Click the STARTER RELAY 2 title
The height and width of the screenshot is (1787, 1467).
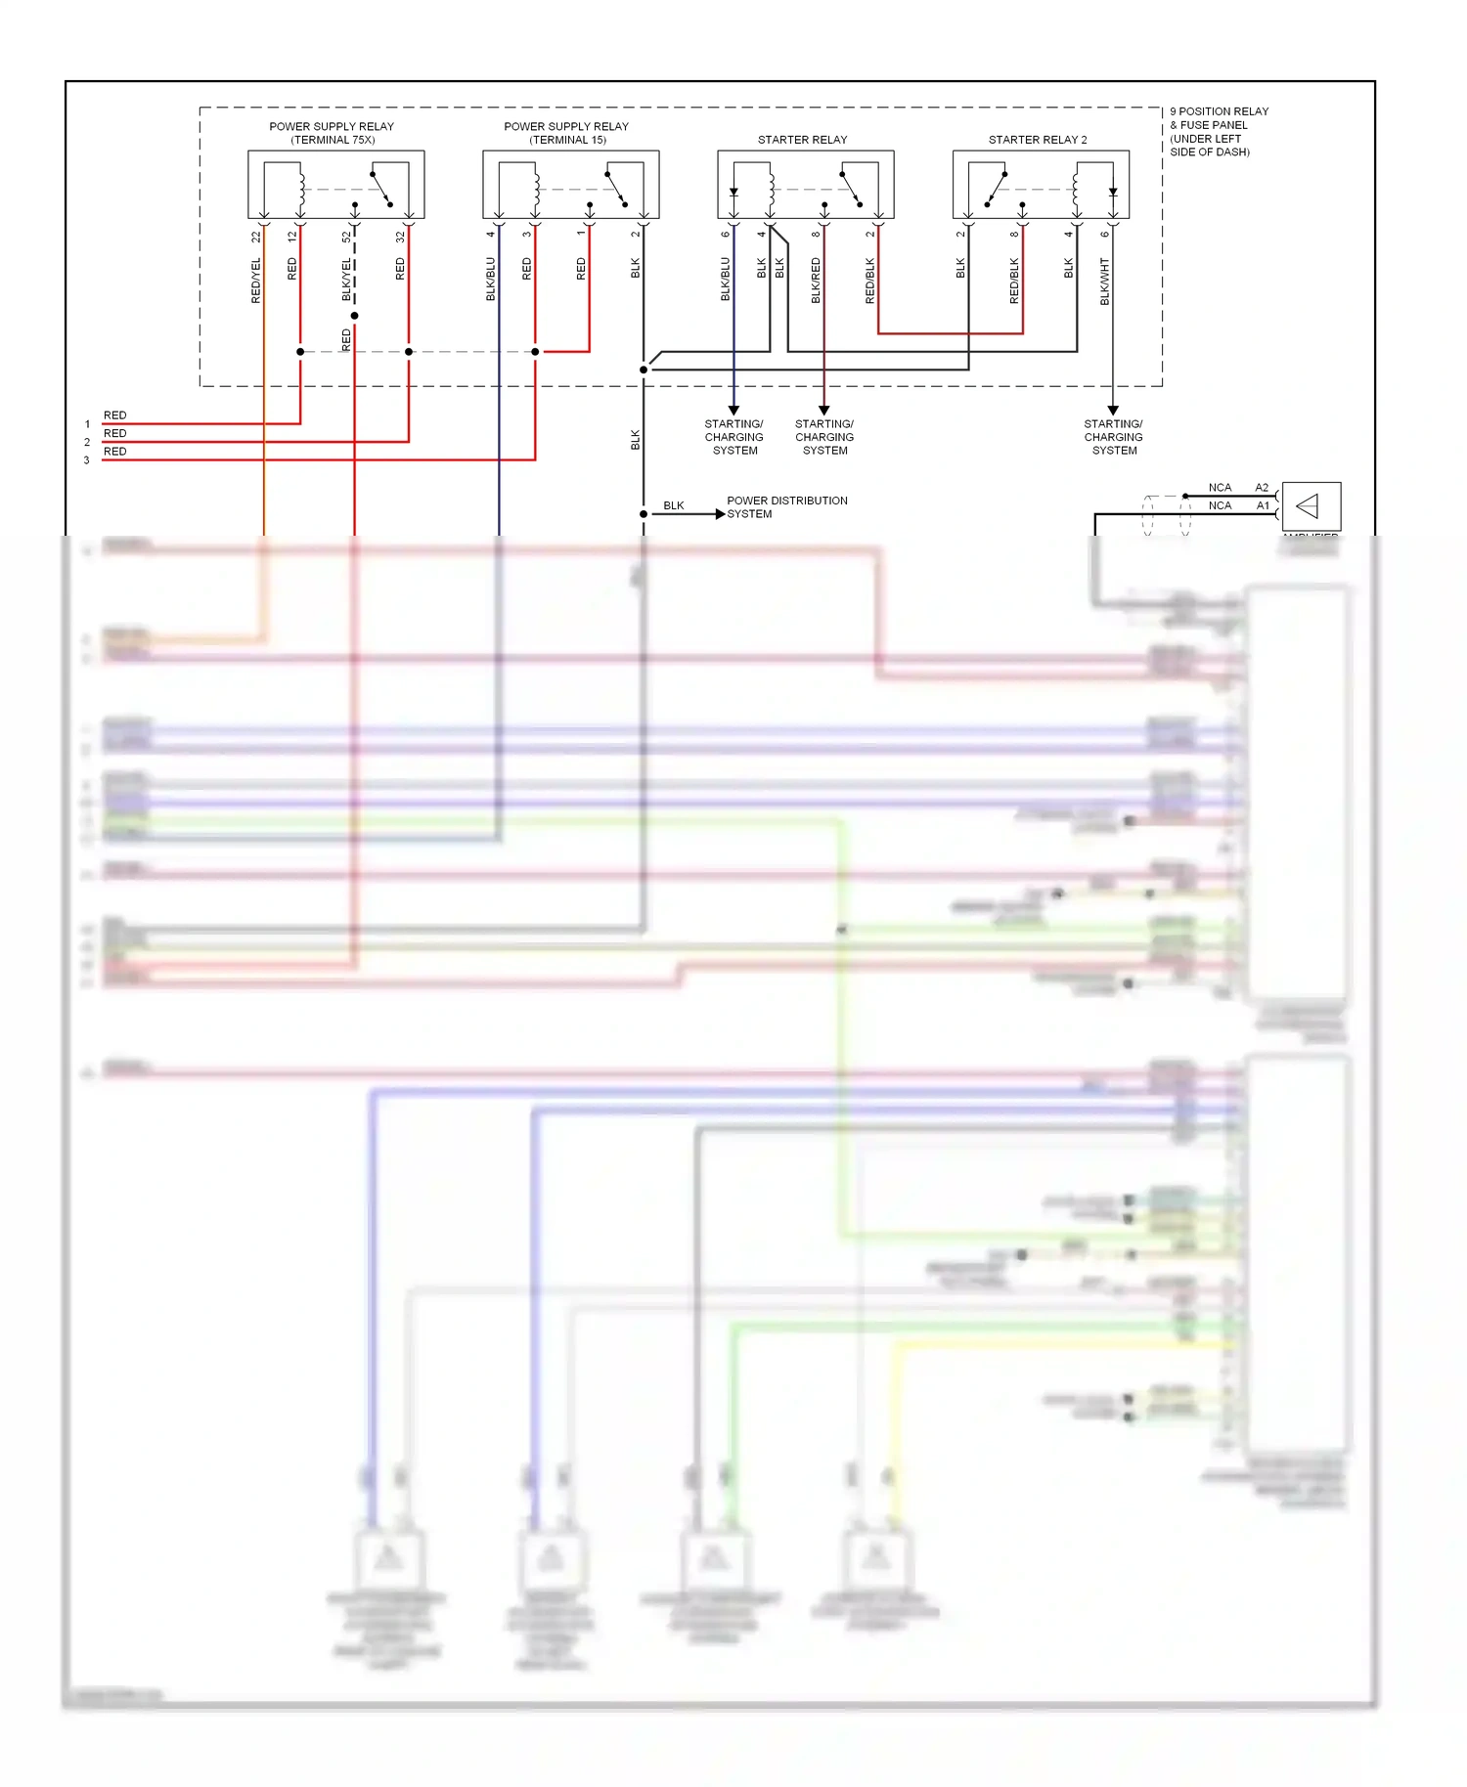(1037, 140)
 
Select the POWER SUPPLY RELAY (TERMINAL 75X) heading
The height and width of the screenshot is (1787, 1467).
(332, 133)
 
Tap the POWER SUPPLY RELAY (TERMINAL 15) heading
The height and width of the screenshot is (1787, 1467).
(566, 133)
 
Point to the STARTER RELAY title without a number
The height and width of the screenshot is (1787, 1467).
(802, 140)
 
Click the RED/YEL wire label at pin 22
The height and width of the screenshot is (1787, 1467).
(256, 281)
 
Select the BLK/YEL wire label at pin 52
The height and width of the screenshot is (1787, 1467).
(346, 281)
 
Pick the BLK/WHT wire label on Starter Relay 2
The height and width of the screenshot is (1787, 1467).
(1104, 282)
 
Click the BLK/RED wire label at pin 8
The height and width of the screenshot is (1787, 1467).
(816, 281)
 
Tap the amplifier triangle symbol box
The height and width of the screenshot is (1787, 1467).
(1311, 506)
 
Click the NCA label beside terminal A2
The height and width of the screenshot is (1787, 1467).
(1220, 488)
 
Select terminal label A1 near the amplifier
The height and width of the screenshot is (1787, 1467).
(1263, 505)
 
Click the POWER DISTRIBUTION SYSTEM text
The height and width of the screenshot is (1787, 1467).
(786, 506)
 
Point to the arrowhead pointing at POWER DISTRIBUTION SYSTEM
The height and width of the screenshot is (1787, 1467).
(720, 514)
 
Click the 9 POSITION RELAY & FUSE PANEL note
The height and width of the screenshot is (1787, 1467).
(1219, 131)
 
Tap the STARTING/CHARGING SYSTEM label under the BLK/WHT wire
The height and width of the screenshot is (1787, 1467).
(1113, 437)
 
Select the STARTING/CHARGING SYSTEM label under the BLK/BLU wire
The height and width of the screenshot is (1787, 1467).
(733, 437)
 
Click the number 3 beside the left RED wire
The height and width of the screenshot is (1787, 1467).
(86, 460)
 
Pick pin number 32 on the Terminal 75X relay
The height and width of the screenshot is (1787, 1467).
(400, 237)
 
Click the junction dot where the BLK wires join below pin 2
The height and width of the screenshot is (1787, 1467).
(644, 370)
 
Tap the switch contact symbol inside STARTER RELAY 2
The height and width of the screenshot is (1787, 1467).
(997, 189)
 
